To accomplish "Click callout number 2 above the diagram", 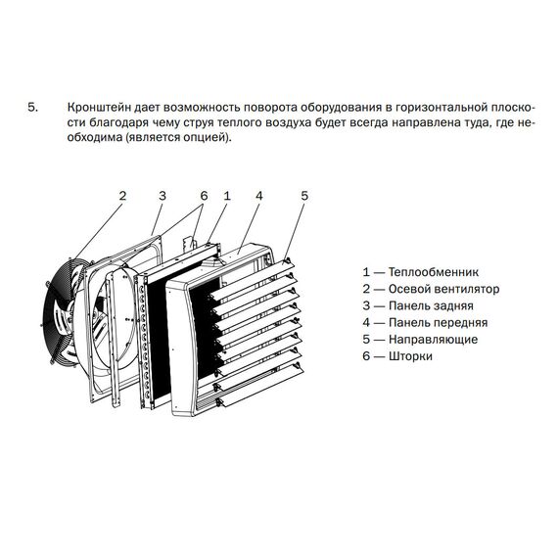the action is click(122, 196).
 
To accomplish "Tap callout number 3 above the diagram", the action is click(163, 196).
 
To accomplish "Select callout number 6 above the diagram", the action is click(204, 196).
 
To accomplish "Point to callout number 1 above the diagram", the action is click(227, 196).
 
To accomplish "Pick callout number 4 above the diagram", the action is click(259, 196).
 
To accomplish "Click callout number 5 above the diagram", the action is click(304, 196).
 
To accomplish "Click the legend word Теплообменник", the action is click(434, 272).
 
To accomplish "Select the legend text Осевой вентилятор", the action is click(443, 289).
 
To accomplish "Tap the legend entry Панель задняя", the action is click(431, 305).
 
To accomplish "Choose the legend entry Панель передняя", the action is click(438, 323).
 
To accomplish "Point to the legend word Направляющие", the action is click(433, 340).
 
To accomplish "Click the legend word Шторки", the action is click(410, 356).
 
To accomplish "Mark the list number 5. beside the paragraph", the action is click(32, 107).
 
